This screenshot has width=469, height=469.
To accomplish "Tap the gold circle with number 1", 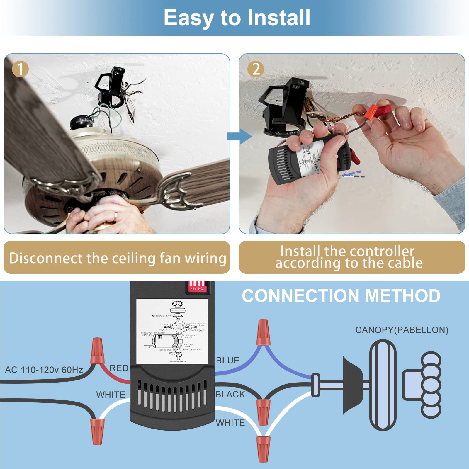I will click(x=20, y=69).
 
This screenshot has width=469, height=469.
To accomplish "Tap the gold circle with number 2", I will click(x=256, y=69).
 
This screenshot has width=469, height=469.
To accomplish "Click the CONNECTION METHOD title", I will click(x=341, y=296).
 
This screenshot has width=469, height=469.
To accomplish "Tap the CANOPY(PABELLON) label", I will click(x=402, y=330).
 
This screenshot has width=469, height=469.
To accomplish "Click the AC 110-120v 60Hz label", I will click(x=44, y=370).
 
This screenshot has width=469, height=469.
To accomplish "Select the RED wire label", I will click(x=119, y=368).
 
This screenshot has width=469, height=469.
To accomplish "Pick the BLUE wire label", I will click(x=227, y=361).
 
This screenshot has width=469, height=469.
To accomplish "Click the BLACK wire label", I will click(x=230, y=395).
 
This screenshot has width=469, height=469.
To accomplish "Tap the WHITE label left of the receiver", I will click(x=111, y=395).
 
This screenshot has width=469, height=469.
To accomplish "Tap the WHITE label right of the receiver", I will click(x=230, y=423).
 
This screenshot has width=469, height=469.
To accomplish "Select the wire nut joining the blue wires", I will click(x=263, y=333).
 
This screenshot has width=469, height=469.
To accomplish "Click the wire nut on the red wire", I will click(x=97, y=351).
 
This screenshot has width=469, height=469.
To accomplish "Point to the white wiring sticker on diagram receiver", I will click(x=172, y=331).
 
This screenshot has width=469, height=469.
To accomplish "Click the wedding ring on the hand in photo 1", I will click(x=116, y=216).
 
